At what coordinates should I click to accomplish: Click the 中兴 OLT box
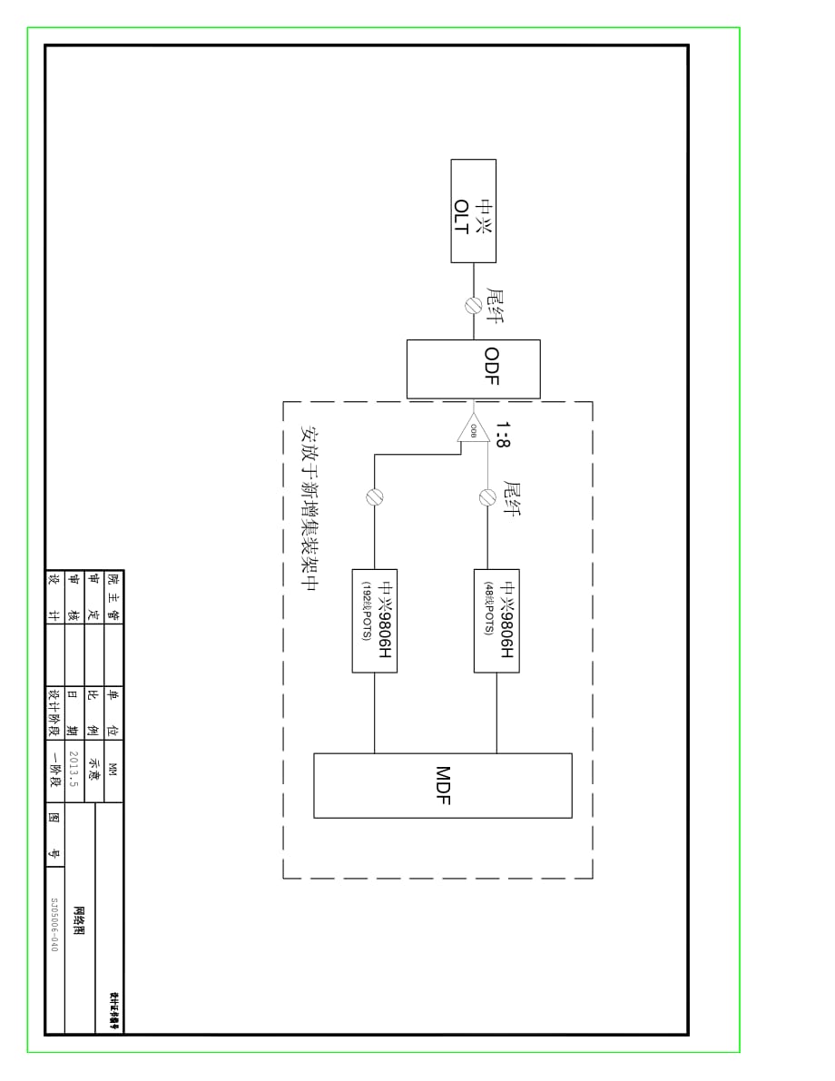tap(473, 211)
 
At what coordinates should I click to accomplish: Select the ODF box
tap(473, 369)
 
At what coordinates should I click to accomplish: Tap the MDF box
tap(442, 785)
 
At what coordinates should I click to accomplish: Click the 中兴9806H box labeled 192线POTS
tap(374, 620)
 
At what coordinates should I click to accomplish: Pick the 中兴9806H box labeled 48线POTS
tap(496, 620)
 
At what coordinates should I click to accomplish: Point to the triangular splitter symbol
tap(473, 427)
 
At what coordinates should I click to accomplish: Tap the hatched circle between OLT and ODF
tap(473, 306)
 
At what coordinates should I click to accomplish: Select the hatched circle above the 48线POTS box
tap(487, 496)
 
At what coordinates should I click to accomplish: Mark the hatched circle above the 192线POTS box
tap(374, 496)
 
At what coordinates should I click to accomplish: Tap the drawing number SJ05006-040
tap(54, 923)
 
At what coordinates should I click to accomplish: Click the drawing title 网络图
tap(79, 920)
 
